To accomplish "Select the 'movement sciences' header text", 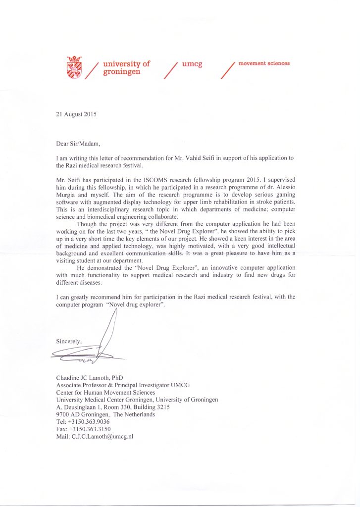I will point(264,63).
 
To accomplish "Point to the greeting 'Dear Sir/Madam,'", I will point(78,144).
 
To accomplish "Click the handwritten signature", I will point(99,342).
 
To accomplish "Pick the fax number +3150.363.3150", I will point(91,429).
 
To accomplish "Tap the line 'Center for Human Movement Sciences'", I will point(105,393).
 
